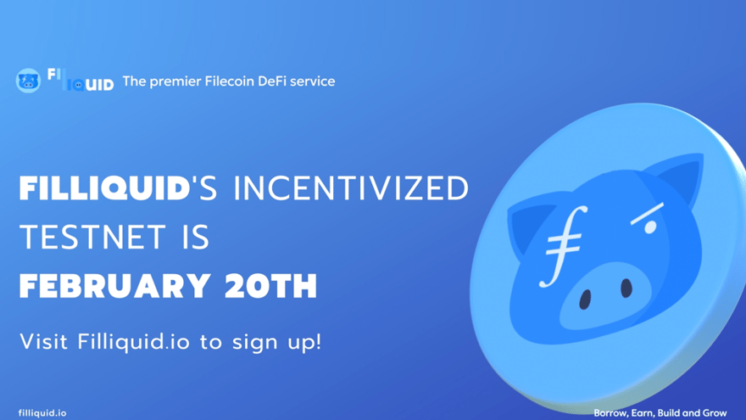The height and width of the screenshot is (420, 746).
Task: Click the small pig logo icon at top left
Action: [28, 81]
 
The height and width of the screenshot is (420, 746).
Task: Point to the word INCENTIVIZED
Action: [352, 189]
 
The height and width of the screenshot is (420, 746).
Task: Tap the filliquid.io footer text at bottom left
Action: [42, 412]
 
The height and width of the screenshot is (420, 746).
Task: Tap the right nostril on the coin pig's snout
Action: [626, 288]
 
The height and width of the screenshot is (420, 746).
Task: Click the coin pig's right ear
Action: [678, 178]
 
